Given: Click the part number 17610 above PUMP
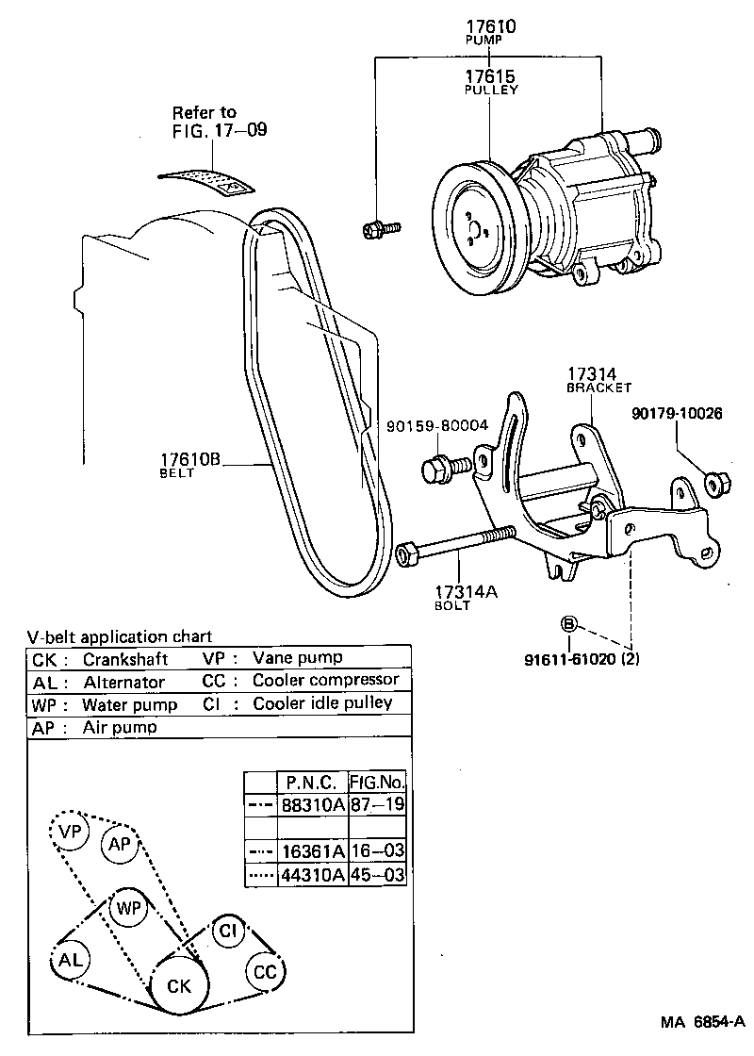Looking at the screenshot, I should tap(490, 27).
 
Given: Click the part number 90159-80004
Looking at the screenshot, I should tap(436, 426).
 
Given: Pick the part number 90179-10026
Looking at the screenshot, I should tap(677, 414).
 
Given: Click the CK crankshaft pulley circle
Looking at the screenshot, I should tap(179, 986).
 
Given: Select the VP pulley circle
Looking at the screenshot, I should tap(69, 833).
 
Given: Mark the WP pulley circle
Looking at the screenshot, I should tap(129, 909).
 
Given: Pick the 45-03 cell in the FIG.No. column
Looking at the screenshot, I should tap(377, 875).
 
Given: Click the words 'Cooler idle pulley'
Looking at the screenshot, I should tap(322, 703).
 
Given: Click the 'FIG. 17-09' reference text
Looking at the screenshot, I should tap(219, 130).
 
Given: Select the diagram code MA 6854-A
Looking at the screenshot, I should tap(702, 1022).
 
